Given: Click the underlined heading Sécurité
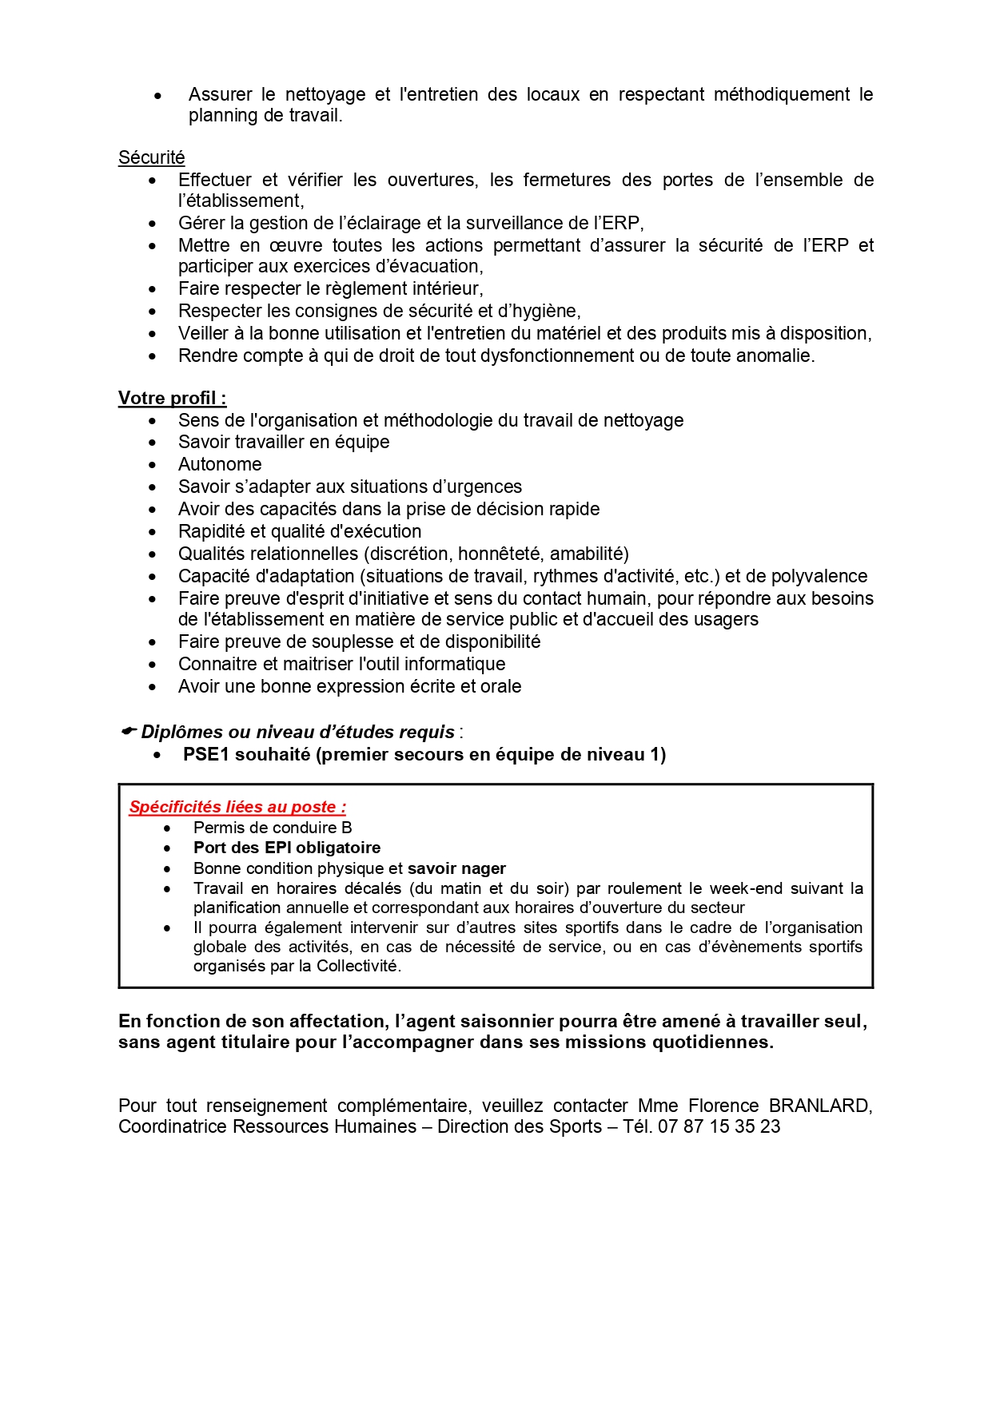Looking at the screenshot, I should click(x=151, y=157).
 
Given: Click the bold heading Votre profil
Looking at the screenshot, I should click(x=172, y=398).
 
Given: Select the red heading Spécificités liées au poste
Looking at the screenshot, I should click(x=237, y=807).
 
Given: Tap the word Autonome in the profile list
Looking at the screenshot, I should click(x=220, y=464).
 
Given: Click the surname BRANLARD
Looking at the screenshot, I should click(x=819, y=1106).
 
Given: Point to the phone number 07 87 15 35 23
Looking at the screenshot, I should click(x=719, y=1126).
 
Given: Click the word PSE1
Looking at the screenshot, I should click(x=206, y=754).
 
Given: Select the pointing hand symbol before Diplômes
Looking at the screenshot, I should click(x=128, y=732).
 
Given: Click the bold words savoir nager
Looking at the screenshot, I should click(x=456, y=868).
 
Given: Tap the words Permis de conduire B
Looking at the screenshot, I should click(x=273, y=828).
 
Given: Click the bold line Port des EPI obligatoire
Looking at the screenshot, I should click(x=287, y=848).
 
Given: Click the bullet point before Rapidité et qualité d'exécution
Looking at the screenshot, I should click(x=153, y=532).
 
